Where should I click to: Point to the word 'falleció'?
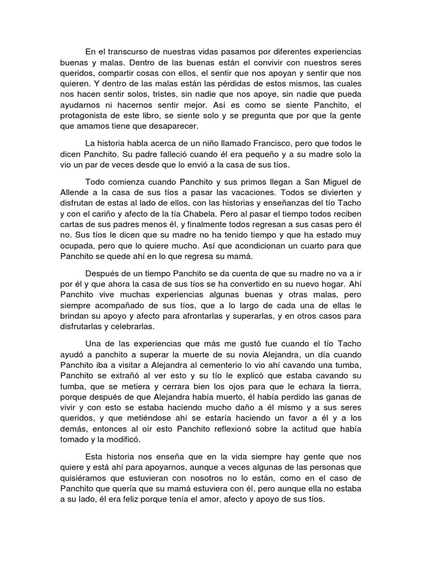point(165,154)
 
